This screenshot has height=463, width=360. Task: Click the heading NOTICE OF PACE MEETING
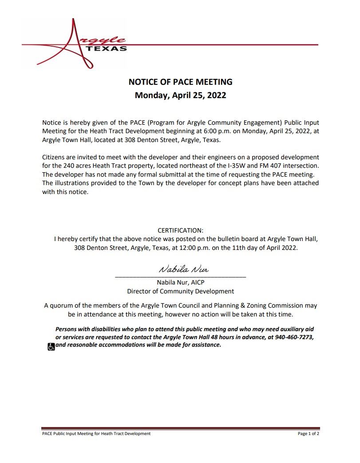point(180,82)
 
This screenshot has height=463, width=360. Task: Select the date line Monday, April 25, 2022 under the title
point(180,95)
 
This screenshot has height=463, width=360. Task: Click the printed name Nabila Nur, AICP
point(180,282)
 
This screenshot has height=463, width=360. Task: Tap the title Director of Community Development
point(180,291)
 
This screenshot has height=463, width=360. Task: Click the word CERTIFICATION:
point(180,230)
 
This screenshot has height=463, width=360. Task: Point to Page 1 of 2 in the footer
point(308,434)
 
